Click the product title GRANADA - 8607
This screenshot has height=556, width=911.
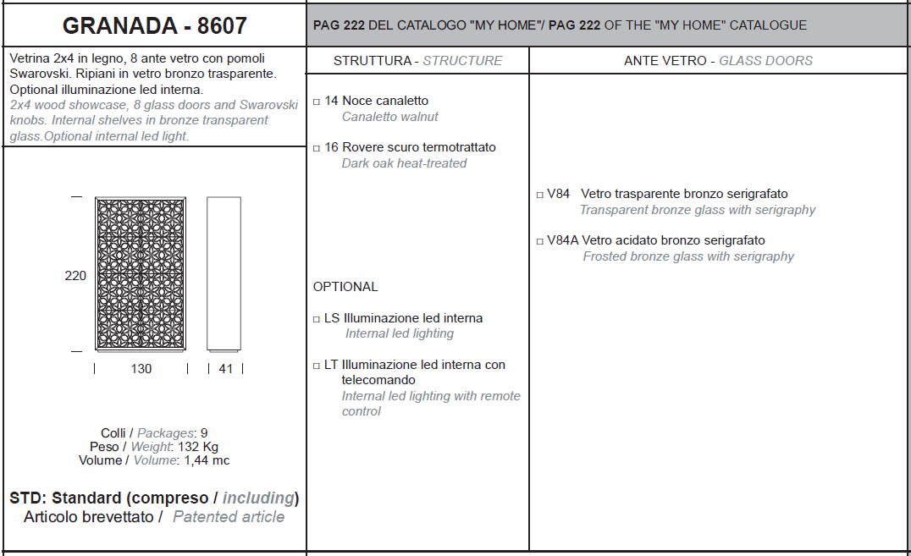(x=155, y=25)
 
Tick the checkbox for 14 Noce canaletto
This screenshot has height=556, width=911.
(x=317, y=102)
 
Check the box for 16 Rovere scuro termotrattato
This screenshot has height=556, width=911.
(x=317, y=148)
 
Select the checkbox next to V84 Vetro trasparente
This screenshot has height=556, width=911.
(x=540, y=195)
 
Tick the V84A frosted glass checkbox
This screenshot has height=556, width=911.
(x=540, y=241)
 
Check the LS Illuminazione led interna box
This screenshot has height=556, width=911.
(x=317, y=319)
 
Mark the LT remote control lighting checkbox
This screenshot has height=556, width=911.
(x=317, y=366)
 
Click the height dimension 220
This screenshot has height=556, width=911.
(x=75, y=275)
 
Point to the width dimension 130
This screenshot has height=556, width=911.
(x=141, y=368)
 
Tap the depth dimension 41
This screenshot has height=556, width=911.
(x=226, y=368)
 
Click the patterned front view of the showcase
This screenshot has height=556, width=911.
(x=141, y=274)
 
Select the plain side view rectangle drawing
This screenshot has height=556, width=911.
(x=224, y=274)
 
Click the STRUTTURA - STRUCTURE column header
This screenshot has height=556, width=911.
(x=417, y=60)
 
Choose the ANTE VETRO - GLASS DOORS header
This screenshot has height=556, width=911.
(x=718, y=60)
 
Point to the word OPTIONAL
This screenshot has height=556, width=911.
(x=345, y=286)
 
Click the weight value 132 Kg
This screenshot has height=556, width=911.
(x=198, y=447)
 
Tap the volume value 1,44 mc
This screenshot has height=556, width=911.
(x=207, y=460)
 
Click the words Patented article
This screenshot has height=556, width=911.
(x=229, y=516)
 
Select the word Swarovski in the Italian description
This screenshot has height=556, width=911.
(x=38, y=74)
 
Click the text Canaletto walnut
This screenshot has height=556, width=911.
(x=389, y=117)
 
